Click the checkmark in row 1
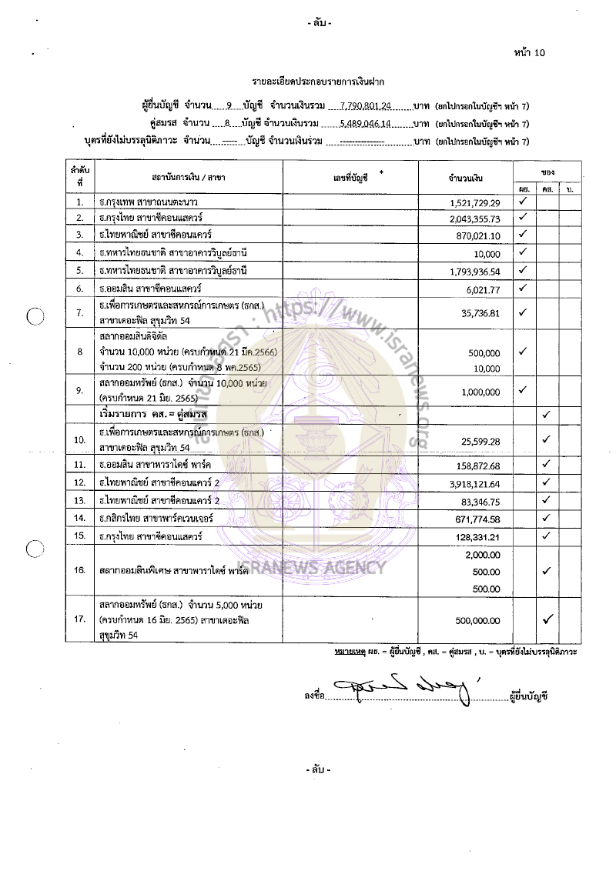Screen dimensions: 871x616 (522, 202)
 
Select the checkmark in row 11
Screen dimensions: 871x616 (546, 464)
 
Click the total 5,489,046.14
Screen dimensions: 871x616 (366, 124)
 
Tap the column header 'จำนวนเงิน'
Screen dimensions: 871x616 (465, 178)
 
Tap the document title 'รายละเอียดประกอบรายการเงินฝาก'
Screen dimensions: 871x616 (318, 81)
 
